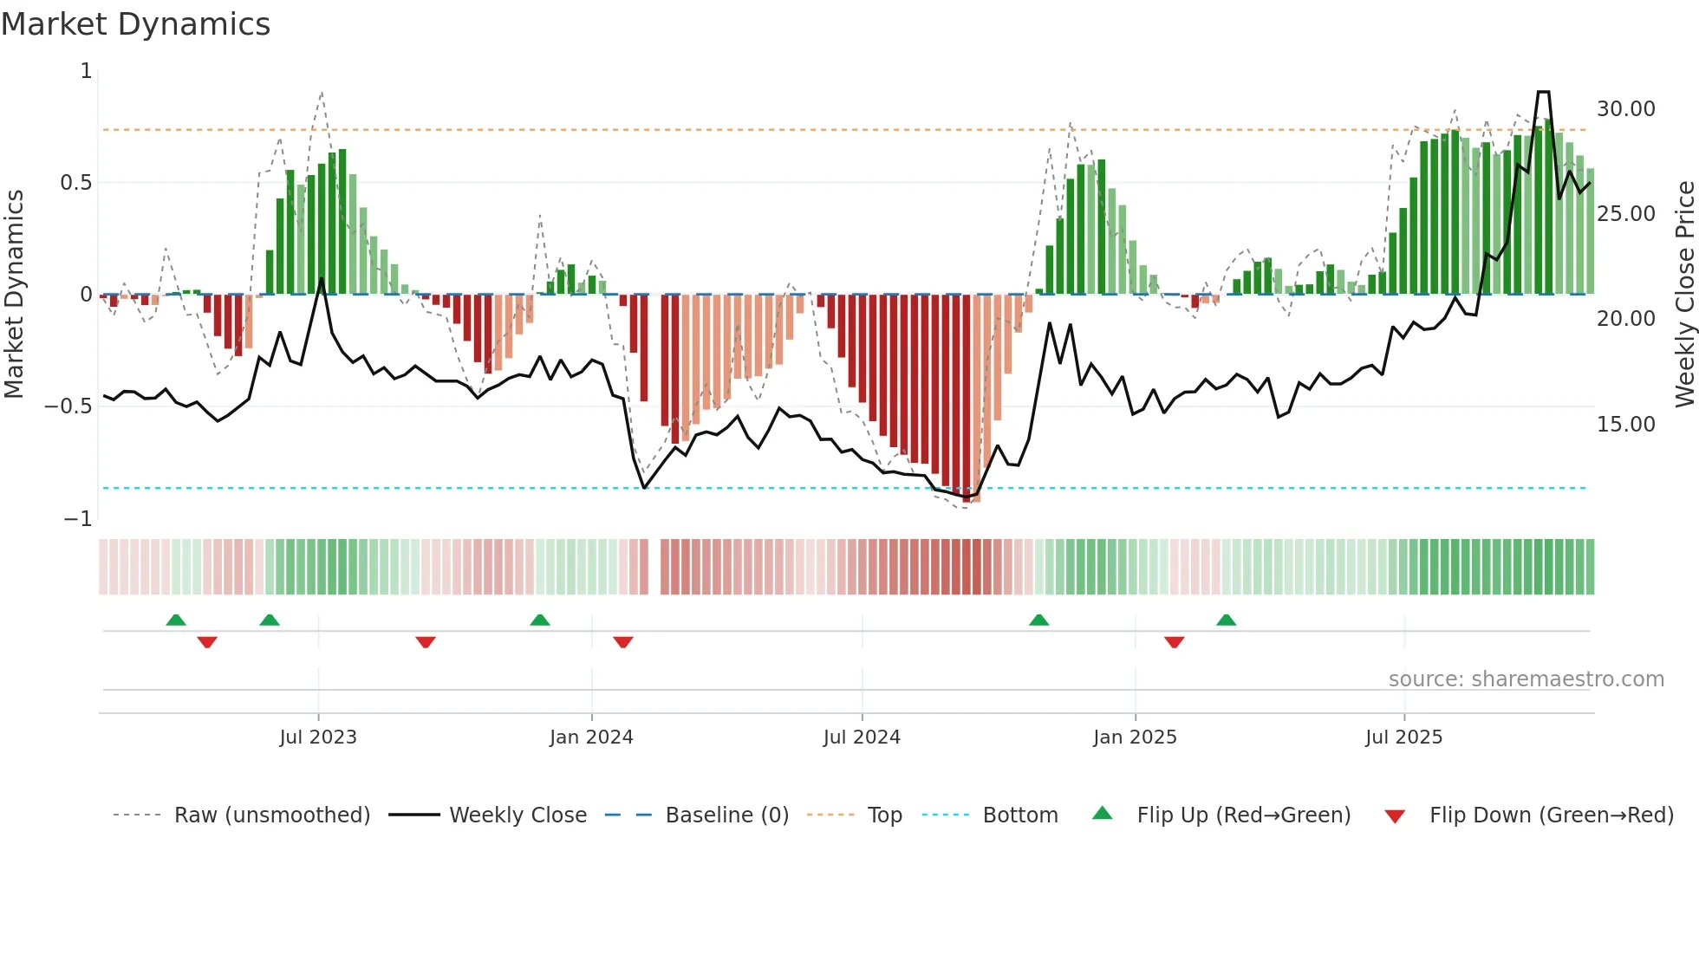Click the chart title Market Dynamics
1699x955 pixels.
click(x=135, y=24)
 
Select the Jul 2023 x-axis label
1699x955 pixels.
click(x=318, y=737)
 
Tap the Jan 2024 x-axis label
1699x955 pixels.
click(x=591, y=737)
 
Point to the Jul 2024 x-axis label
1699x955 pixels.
click(x=862, y=737)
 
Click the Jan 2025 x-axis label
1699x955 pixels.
click(x=1135, y=737)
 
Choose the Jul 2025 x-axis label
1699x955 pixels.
click(x=1403, y=737)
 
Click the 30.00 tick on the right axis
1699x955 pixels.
click(x=1625, y=109)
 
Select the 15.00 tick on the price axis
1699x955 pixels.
click(x=1625, y=425)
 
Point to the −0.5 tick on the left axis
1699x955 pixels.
click(x=68, y=406)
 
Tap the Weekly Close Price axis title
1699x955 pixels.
click(x=1684, y=294)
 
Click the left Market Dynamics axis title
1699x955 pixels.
click(x=14, y=294)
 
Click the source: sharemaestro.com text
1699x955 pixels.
click(x=1526, y=679)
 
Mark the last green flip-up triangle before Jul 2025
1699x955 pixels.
click(x=1226, y=620)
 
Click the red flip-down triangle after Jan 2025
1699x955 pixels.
click(x=1174, y=642)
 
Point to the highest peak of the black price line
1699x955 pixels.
click(x=1543, y=92)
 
